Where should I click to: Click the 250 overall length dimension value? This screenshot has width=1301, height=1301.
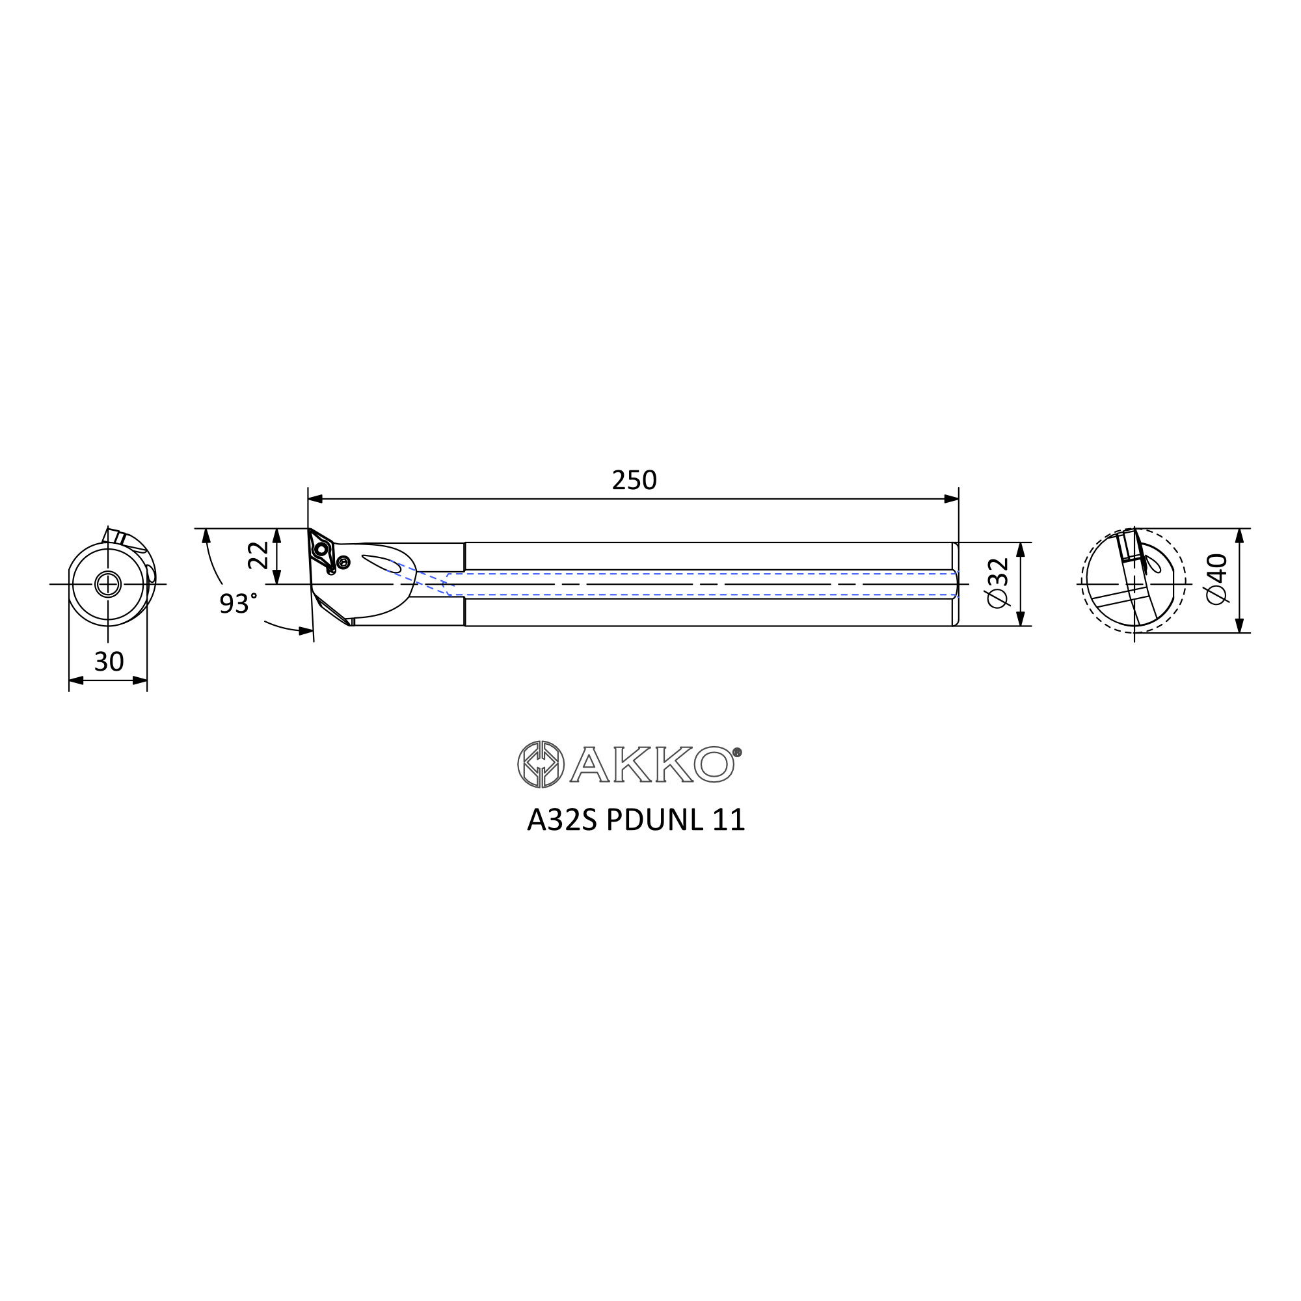coord(634,480)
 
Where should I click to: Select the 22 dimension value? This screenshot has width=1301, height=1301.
coord(258,556)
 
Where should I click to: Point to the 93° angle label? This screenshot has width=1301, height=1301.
coord(237,604)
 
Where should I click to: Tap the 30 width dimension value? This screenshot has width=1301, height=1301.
coord(109,662)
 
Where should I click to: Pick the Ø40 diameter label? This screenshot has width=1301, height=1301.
coord(1217,579)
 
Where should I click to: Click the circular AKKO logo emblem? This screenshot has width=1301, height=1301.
coord(541,764)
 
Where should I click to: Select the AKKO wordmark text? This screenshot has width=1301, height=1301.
coord(652,764)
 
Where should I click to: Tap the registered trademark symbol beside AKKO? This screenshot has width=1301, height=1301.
coord(737,752)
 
